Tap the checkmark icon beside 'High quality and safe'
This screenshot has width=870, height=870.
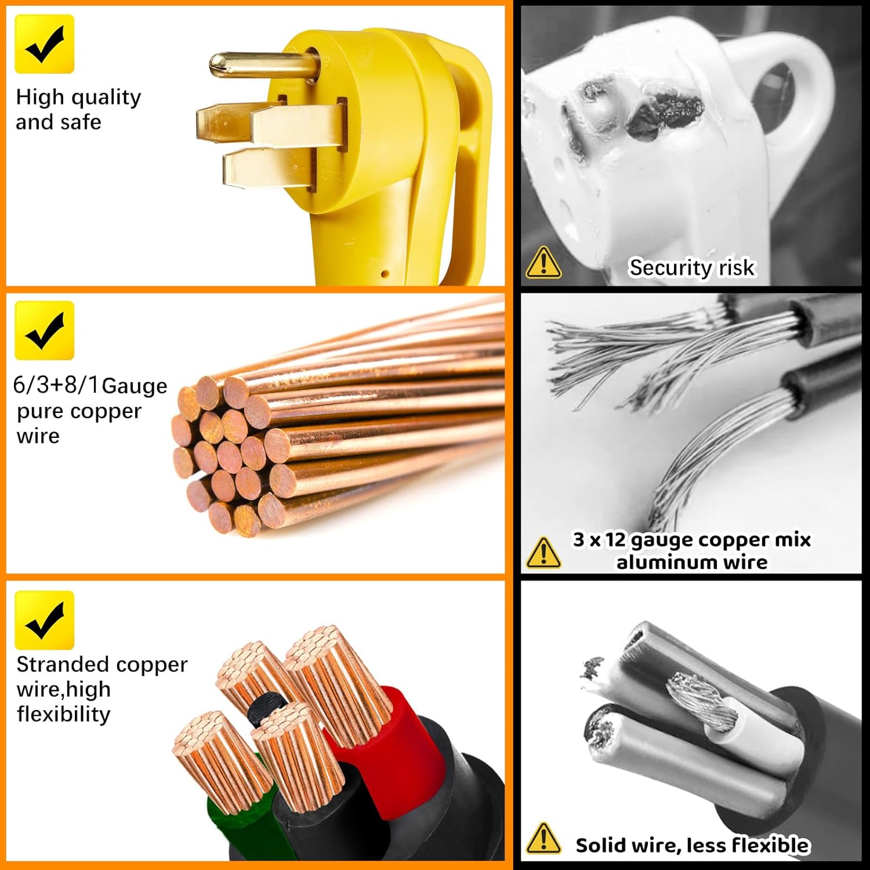44,44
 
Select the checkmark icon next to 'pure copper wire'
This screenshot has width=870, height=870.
44,331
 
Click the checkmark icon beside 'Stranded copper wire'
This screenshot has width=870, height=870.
44,620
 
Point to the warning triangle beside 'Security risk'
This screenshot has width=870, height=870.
543,263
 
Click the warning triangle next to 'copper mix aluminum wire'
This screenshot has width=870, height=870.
543,552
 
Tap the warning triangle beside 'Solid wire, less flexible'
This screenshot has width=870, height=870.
543,839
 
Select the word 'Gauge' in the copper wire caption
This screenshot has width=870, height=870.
134,386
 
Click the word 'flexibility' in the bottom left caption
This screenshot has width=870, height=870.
63,714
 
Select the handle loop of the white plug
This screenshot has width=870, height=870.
795,93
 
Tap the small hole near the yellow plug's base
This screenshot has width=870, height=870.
384,273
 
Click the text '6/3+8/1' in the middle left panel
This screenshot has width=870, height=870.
55,385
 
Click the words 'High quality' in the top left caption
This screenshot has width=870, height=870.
78,97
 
